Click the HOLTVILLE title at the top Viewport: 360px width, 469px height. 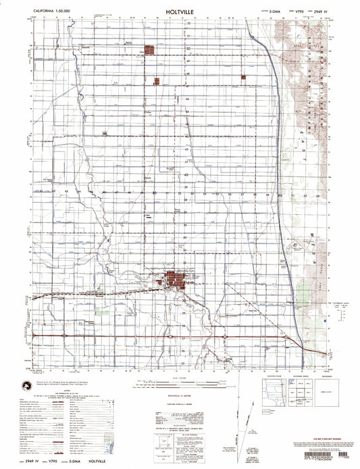(180, 11)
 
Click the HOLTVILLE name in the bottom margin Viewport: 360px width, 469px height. (88, 462)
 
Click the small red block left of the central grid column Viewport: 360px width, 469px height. (157, 81)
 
